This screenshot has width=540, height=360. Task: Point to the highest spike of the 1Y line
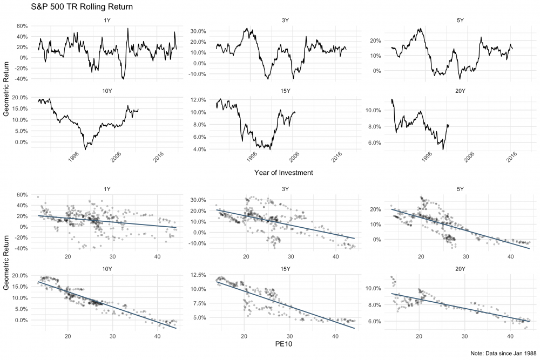point(127,29)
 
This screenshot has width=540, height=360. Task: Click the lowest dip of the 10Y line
point(85,149)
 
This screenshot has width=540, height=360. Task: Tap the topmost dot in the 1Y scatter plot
point(37,197)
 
